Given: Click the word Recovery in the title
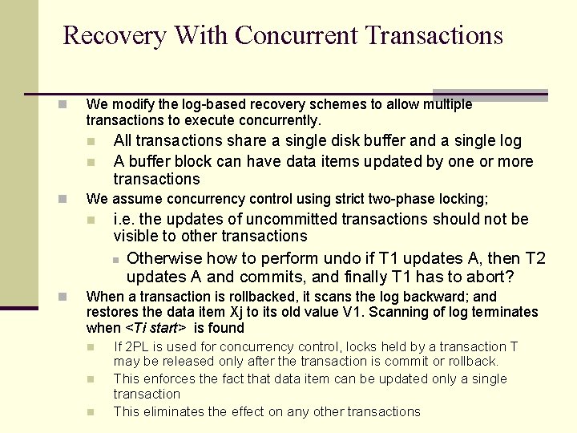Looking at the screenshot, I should pyautogui.click(x=114, y=35).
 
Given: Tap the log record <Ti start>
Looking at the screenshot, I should pyautogui.click(x=156, y=328).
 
